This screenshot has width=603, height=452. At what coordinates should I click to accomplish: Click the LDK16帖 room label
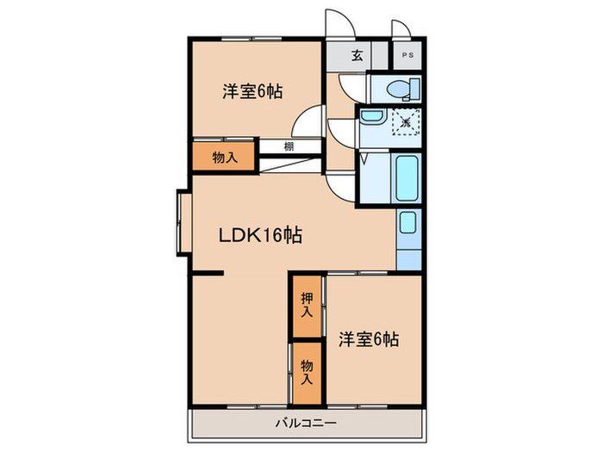tap(258, 234)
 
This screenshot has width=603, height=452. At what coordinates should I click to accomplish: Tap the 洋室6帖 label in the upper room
tap(254, 90)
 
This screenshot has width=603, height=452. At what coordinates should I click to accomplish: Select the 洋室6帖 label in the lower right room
tap(368, 339)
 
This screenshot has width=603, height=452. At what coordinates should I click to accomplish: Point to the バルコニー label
tap(306, 422)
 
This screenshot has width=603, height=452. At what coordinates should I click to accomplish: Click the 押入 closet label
tap(307, 305)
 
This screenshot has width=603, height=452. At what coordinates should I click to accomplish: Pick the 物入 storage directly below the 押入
tap(307, 372)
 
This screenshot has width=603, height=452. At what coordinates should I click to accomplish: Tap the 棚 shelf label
tap(289, 146)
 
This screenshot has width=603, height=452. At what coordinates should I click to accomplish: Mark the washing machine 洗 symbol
tap(406, 122)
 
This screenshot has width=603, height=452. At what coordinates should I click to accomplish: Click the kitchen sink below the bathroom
tap(407, 224)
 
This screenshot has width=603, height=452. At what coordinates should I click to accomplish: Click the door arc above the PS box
tap(400, 26)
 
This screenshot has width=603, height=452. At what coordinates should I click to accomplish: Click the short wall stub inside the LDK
tap(207, 274)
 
